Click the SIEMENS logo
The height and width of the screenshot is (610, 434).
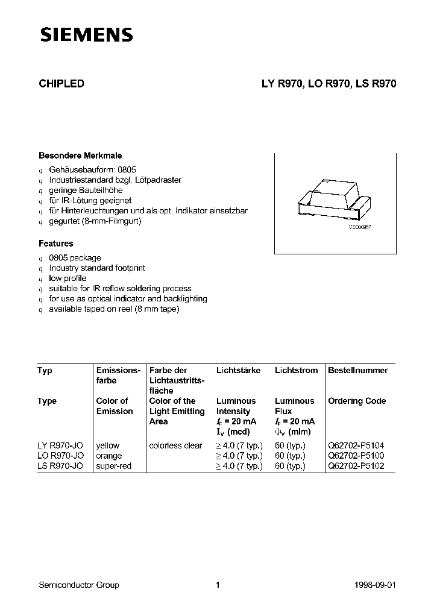pyautogui.click(x=86, y=36)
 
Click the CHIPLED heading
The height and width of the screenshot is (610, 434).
pyautogui.click(x=61, y=84)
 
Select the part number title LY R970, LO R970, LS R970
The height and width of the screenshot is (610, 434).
pyautogui.click(x=328, y=84)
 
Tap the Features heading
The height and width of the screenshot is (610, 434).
pyautogui.click(x=55, y=244)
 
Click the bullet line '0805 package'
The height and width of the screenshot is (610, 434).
pyautogui.click(x=75, y=258)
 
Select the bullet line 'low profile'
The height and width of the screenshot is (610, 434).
pyautogui.click(x=68, y=278)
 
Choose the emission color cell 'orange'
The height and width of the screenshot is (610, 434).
pyautogui.click(x=109, y=456)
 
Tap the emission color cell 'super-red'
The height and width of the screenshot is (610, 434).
pyautogui.click(x=113, y=466)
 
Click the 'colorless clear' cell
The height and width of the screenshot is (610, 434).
pyautogui.click(x=175, y=445)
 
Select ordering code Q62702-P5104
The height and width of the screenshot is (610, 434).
pyautogui.click(x=356, y=445)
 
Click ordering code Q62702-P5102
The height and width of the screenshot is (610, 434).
pyautogui.click(x=356, y=466)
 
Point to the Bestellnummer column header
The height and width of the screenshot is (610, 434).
pyautogui.click(x=357, y=370)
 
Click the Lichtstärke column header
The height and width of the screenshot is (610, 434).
pyautogui.click(x=238, y=370)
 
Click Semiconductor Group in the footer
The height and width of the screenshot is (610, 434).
pyautogui.click(x=78, y=585)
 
